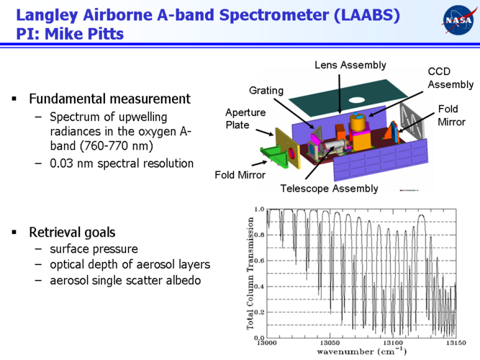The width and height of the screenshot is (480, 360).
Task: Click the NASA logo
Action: point(458,19)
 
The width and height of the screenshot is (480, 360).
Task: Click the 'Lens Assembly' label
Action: point(350,66)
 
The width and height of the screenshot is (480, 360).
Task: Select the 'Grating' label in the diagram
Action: point(266,90)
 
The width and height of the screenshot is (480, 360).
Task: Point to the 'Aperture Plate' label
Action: point(245,119)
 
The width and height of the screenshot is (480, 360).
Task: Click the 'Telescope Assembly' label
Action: point(329,189)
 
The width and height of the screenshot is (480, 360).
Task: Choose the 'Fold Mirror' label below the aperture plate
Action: point(240,175)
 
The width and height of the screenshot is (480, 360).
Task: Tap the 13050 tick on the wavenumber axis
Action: point(330,344)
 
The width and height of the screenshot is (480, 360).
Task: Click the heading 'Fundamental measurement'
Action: point(109,99)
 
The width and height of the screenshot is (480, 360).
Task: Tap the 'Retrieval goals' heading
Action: point(71,233)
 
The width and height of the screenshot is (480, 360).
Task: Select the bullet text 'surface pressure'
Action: point(94,249)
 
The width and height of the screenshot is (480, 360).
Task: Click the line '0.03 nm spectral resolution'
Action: point(122,163)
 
